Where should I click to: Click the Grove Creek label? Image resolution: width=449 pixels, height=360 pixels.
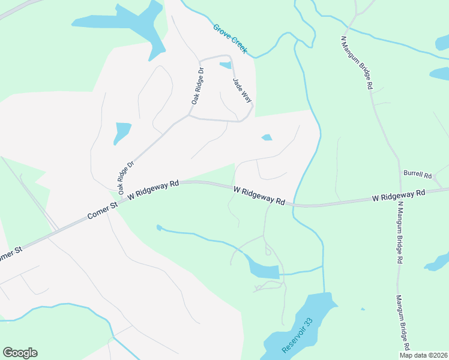pyautogui.click(x=230, y=39)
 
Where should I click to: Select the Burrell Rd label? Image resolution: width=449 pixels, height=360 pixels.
pyautogui.click(x=418, y=175)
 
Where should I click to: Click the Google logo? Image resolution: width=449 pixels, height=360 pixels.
pyautogui.click(x=20, y=353)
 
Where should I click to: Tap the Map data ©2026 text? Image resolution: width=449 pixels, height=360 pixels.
pyautogui.click(x=424, y=355)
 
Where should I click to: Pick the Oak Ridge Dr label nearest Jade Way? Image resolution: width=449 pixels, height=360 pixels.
pyautogui.click(x=197, y=86)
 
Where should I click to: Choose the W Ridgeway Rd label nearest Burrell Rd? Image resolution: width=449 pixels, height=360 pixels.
pyautogui.click(x=398, y=195)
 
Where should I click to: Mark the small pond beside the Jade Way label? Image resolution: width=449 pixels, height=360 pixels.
pyautogui.click(x=226, y=65)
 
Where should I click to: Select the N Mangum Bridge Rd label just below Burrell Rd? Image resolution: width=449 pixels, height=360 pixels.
pyautogui.click(x=399, y=233)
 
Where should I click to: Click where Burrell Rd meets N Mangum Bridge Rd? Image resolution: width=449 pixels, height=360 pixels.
pyautogui.click(x=401, y=172)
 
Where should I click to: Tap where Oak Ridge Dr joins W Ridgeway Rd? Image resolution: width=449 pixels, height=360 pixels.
pyautogui.click(x=121, y=198)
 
